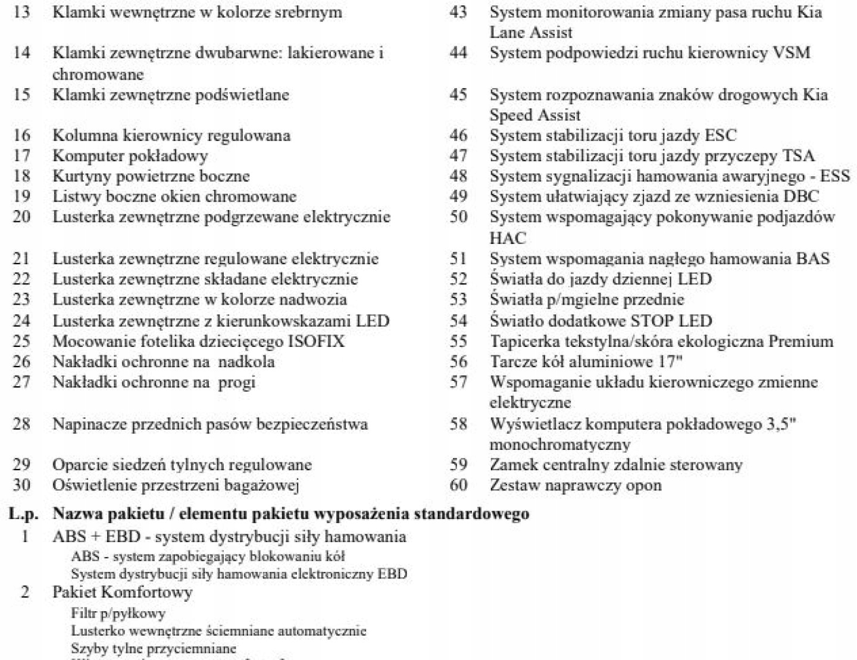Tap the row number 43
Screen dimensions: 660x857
click(458, 12)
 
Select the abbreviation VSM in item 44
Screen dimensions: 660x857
click(792, 53)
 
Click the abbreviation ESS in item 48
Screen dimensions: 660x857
click(835, 176)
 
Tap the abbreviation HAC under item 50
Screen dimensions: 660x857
click(508, 238)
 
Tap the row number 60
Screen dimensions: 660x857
click(458, 486)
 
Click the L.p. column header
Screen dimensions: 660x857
click(24, 514)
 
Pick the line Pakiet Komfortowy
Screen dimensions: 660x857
click(123, 593)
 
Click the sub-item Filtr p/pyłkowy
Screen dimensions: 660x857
click(118, 614)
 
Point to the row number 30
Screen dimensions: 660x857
click(21, 486)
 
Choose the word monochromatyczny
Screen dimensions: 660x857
click(560, 445)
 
